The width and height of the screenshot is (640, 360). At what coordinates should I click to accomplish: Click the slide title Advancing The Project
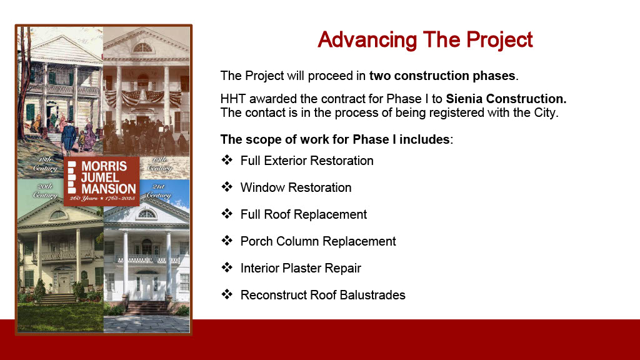coord(425,39)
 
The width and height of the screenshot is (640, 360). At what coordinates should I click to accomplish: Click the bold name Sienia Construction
coord(506,99)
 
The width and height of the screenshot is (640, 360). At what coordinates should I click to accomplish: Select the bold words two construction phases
coord(442,76)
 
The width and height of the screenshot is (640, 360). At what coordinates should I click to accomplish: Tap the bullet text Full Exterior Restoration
coord(307,161)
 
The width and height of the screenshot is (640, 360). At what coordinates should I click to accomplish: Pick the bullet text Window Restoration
coord(296,187)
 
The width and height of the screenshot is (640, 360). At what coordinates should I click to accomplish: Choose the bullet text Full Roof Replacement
coord(304,215)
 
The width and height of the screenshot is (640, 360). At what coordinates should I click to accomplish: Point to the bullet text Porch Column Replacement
coord(318,242)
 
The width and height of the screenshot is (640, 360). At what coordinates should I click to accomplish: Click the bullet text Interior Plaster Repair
coord(301,268)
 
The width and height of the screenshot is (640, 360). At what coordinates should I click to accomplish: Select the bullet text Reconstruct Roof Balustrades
coord(323,295)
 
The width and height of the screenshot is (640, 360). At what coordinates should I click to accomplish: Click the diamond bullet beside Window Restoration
coord(227,187)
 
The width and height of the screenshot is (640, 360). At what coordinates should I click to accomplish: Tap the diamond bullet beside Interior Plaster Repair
coord(227,267)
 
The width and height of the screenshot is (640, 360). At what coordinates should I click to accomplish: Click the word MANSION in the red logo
coord(108,189)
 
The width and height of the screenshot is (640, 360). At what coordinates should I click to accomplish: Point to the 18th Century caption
coord(44,164)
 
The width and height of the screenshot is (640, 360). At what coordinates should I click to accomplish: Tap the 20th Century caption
coord(44,191)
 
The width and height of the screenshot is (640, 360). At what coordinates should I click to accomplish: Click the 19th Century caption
coord(159,164)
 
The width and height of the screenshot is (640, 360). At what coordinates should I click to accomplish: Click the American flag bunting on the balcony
coord(143,98)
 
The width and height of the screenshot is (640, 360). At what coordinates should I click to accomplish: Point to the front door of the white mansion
coord(146,289)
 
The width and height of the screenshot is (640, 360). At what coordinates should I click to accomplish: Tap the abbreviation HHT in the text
coord(233,99)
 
